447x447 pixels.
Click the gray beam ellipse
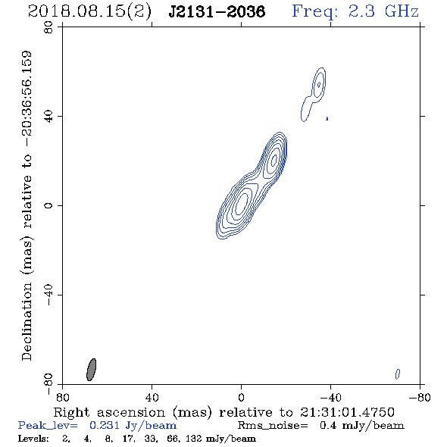91,370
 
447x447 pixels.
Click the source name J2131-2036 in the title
217,11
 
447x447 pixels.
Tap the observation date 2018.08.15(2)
89,12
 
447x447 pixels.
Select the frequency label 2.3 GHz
383,11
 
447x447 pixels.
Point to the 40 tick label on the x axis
152,398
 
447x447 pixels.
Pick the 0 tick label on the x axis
241,398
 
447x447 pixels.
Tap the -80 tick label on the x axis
419,398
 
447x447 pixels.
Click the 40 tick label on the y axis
48,117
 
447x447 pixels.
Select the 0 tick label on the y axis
48,205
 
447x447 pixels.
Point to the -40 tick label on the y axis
48,295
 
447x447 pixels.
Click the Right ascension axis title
223,412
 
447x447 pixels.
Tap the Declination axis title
27,205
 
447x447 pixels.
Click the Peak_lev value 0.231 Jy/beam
133,426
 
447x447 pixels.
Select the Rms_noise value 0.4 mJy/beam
361,426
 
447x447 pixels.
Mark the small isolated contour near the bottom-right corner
398,374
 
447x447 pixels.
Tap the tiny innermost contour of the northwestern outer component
319,84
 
